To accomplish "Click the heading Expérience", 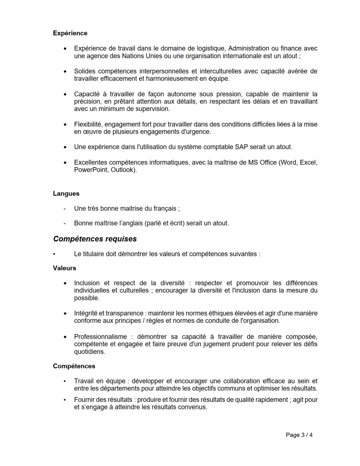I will (70, 33).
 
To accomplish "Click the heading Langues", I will (66, 193).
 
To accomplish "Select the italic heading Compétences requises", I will (95, 239).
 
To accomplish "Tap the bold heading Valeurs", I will (65, 268).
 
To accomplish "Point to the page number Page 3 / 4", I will (299, 435).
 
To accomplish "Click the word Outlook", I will (122, 170).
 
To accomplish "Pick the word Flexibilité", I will (89, 124).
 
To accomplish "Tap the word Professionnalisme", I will (101, 336).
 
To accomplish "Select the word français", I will (165, 208).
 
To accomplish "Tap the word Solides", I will (85, 71).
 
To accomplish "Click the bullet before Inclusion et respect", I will (66, 283).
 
